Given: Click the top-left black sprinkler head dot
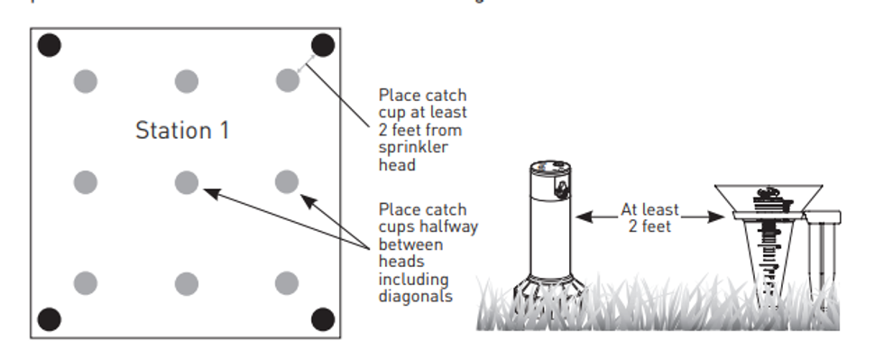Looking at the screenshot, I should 49,44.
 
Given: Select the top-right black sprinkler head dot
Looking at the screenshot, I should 322,45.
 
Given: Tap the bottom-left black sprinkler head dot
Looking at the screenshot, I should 49,318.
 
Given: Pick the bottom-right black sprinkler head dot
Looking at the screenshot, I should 322,318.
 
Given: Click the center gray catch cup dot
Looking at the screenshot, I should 186,182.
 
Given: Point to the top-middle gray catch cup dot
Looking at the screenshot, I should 186,80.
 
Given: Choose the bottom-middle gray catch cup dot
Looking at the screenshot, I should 186,283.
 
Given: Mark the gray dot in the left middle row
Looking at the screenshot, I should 85,182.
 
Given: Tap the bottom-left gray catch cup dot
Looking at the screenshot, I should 85,283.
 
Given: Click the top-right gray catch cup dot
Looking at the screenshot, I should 287,80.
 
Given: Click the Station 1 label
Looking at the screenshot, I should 182,130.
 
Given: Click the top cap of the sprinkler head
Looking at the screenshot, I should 549,167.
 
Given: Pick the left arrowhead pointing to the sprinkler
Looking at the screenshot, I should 583,216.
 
